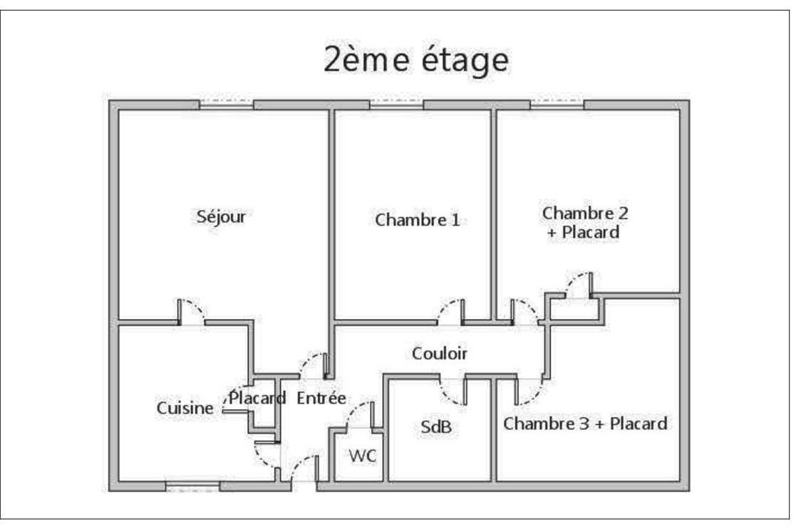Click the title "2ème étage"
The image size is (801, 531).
click(x=416, y=60)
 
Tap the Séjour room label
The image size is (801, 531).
click(x=221, y=217)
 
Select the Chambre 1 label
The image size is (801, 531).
click(x=418, y=220)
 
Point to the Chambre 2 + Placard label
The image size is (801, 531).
click(x=585, y=222)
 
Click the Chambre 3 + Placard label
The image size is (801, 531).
click(x=585, y=424)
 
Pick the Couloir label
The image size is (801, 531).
click(x=439, y=354)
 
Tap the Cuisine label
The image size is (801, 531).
click(x=185, y=408)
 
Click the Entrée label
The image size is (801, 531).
click(x=321, y=398)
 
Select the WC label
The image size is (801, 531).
click(x=363, y=456)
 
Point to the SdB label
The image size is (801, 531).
click(x=436, y=427)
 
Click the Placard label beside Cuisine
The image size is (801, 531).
click(x=257, y=398)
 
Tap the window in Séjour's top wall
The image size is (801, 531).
click(x=227, y=104)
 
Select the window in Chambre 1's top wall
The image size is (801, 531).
click(x=396, y=104)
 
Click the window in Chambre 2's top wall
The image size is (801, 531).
click(x=557, y=104)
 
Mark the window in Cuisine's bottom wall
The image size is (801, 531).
click(x=192, y=486)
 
